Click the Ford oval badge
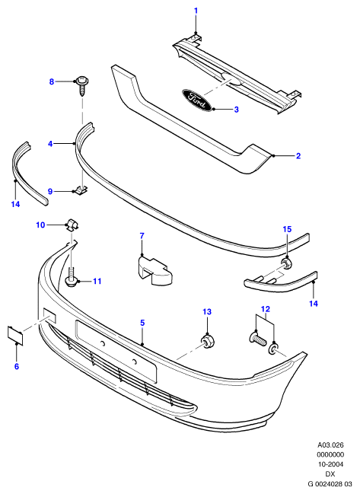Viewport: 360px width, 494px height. [196, 100]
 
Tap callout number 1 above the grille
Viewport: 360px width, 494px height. [196, 11]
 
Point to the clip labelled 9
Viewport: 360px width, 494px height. [81, 190]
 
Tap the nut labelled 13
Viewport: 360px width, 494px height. [208, 342]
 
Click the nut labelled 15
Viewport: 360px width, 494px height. [287, 263]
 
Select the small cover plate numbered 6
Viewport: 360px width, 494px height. [15, 335]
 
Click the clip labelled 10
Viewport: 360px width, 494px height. [73, 225]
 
